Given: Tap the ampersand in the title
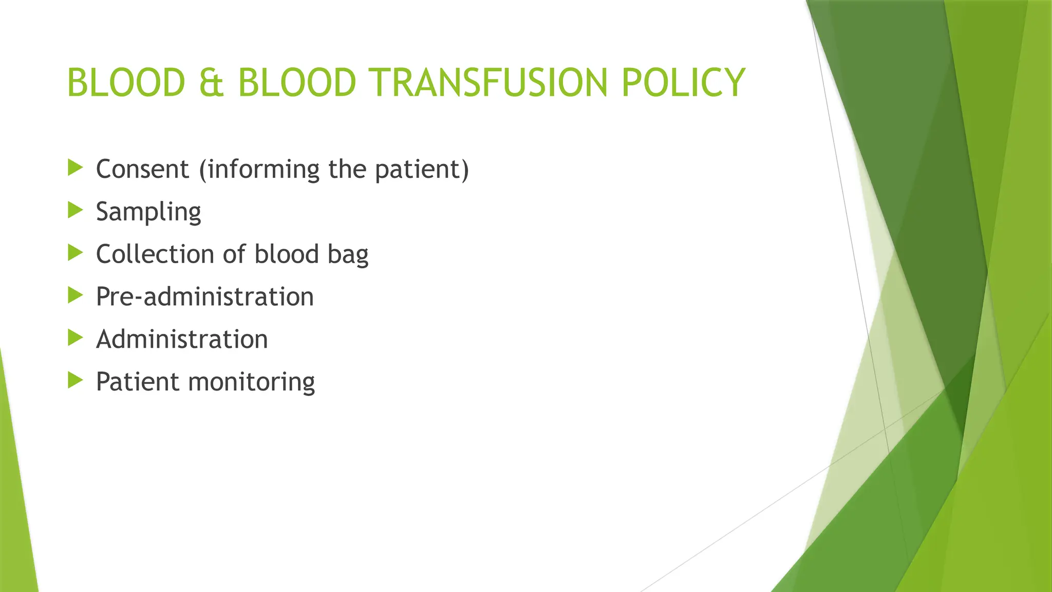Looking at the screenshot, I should pyautogui.click(x=211, y=82).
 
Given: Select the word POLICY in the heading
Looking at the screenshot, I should pyautogui.click(x=683, y=82).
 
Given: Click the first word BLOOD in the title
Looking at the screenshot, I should pyautogui.click(x=126, y=82).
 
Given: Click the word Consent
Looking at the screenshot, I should pyautogui.click(x=142, y=169).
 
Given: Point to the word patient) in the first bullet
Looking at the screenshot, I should pyautogui.click(x=422, y=169).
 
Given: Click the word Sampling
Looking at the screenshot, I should pyautogui.click(x=148, y=212).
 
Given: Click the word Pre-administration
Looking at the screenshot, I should pyautogui.click(x=204, y=297).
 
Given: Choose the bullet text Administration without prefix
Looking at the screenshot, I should pyautogui.click(x=182, y=339).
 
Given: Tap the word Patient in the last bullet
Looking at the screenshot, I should pyautogui.click(x=137, y=381).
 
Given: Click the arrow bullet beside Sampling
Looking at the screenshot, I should pyautogui.click(x=75, y=210).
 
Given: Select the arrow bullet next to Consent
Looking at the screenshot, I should pyautogui.click(x=75, y=167).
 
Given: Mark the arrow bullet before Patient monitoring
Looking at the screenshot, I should pyautogui.click(x=75, y=380).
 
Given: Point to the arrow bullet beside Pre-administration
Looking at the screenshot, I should pyautogui.click(x=75, y=295).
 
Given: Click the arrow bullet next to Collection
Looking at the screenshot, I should pyautogui.click(x=75, y=252).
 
